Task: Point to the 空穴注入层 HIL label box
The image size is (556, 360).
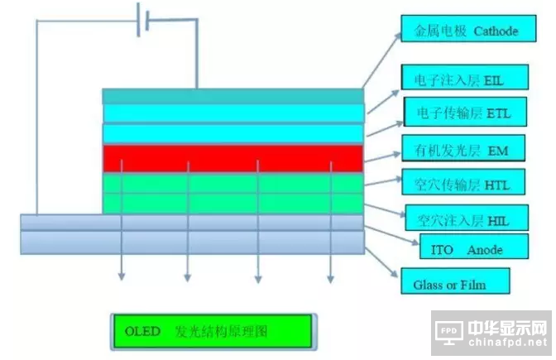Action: [461, 218]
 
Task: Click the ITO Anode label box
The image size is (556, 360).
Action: [467, 248]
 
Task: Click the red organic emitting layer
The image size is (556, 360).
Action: [232, 158]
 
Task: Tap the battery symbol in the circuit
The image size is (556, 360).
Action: [142, 18]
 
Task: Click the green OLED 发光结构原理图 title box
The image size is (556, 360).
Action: [213, 332]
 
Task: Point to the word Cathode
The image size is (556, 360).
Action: [495, 31]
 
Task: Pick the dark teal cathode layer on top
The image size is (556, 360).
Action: [232, 96]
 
